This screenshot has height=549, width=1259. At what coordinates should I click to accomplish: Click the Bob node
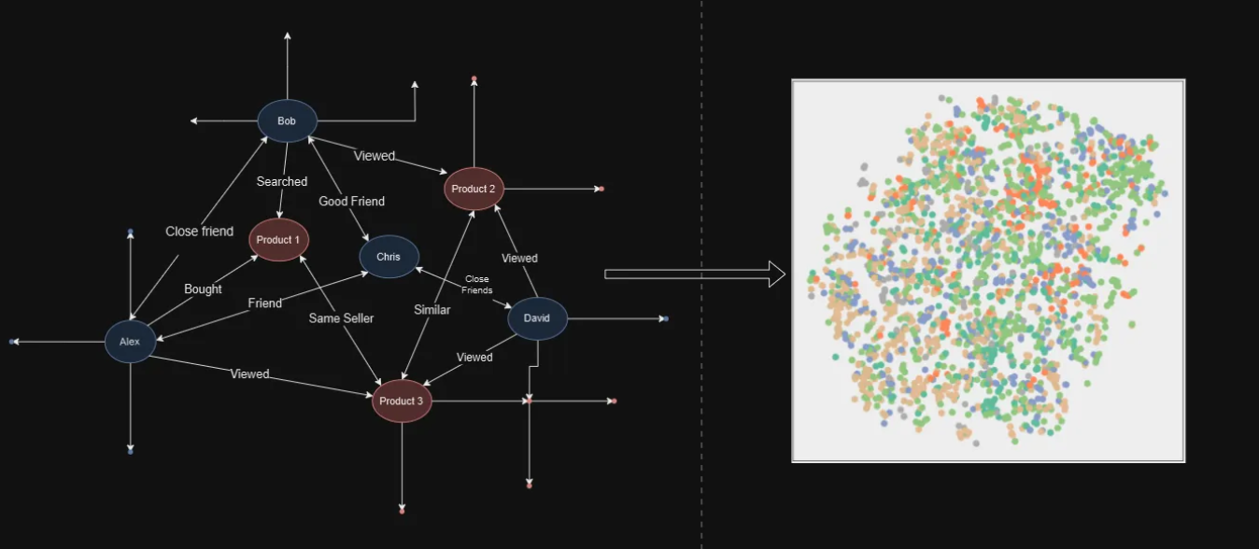coord(288,120)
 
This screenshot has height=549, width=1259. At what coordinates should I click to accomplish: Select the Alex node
coord(131,342)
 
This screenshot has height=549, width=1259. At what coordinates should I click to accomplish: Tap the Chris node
coord(389,257)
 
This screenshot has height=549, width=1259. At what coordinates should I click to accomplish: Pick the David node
coord(537,318)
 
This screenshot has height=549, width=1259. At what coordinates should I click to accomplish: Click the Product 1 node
coord(278,240)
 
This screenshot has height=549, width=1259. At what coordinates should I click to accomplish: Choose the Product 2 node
coord(474,189)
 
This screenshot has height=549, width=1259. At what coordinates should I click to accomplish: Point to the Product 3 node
coord(402,401)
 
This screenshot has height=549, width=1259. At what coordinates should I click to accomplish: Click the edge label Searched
coord(282,181)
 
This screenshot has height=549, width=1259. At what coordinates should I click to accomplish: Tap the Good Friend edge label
coord(352,201)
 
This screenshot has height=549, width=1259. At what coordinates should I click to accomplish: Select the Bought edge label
coord(203,289)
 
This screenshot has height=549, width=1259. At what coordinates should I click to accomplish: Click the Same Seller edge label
coord(341,318)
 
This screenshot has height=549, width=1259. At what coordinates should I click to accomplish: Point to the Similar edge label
coord(432,310)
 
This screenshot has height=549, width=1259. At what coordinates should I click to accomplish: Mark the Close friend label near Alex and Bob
coord(200,232)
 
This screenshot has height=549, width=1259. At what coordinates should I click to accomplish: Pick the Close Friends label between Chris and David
coord(477,285)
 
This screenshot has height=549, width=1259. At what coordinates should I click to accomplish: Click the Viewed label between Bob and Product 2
coord(375,156)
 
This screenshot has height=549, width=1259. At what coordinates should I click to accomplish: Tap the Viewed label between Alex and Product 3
coord(249,373)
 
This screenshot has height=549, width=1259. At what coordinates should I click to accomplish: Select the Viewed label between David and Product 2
coord(519,258)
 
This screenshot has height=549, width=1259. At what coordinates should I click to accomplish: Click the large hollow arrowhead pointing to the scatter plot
coord(777,274)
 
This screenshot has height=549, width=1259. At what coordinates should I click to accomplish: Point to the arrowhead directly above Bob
coord(288,36)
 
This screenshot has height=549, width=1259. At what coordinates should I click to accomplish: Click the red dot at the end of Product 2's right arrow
coord(601,189)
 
